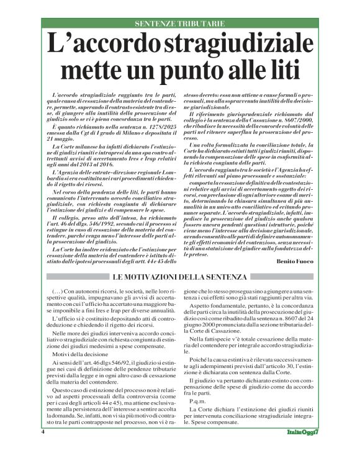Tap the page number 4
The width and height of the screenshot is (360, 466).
[43, 449]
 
